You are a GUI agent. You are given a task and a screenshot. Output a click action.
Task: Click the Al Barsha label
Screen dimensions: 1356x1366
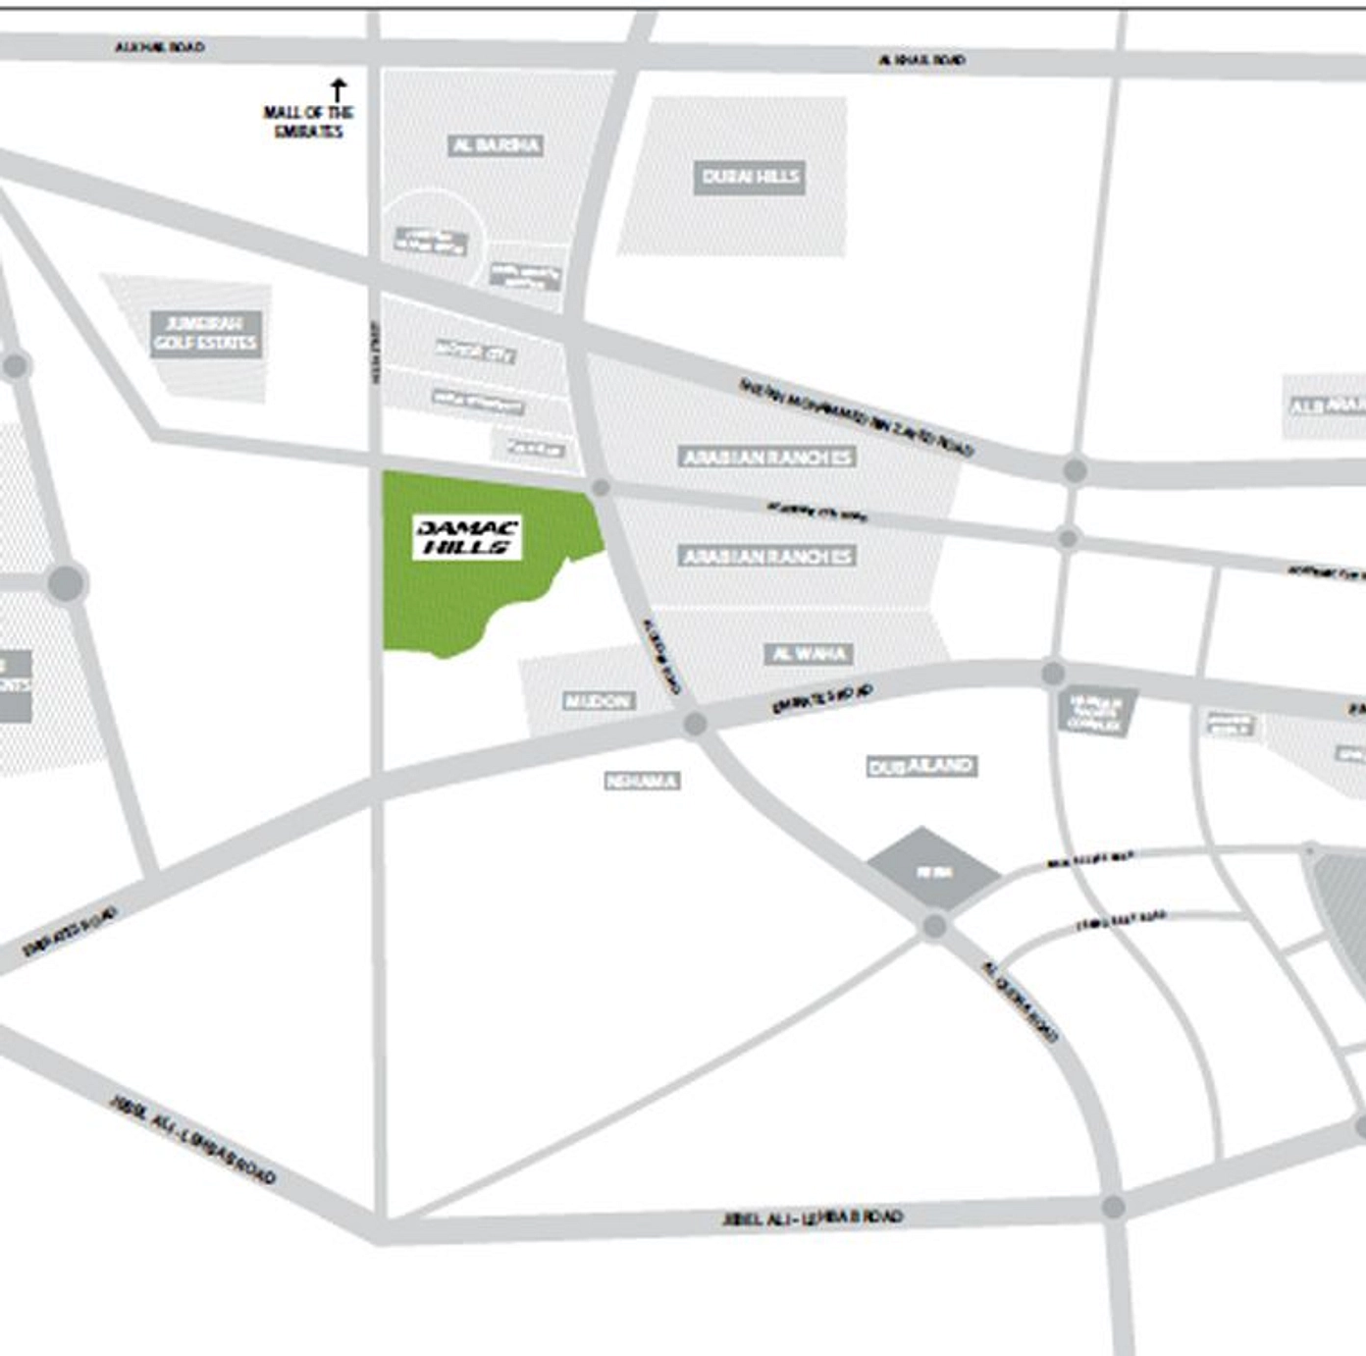point(496,145)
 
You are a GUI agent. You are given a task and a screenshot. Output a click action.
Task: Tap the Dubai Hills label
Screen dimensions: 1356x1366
point(750,178)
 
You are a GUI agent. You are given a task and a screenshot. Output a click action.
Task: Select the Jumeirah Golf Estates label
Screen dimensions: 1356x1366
point(206,334)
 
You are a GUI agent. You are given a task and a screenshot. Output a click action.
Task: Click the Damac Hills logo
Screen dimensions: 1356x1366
point(467,537)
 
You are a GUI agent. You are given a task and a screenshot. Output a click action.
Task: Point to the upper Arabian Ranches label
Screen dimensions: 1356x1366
point(767,457)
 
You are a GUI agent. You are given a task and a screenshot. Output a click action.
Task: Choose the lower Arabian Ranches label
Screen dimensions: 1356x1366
point(767,557)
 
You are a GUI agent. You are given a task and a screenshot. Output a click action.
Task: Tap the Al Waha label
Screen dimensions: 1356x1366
point(809,654)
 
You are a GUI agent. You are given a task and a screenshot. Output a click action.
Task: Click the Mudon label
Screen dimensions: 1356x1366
point(598,701)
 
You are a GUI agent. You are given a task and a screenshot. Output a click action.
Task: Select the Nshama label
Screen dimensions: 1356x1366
point(642,782)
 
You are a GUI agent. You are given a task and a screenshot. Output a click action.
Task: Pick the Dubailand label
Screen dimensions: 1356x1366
point(920,766)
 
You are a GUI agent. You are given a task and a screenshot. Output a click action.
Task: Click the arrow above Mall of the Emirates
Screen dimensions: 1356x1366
point(339,90)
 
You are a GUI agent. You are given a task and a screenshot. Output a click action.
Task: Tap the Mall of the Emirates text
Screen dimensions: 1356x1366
point(308,122)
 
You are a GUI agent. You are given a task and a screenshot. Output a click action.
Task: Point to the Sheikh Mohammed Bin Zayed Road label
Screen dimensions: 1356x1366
point(856,417)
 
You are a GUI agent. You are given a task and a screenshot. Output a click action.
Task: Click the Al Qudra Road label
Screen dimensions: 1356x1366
point(1021,1002)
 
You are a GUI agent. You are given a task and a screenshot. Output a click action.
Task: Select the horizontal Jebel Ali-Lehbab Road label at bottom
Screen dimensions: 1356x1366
point(812,1219)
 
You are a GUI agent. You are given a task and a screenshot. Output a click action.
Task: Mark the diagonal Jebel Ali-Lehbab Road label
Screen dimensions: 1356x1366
point(192,1140)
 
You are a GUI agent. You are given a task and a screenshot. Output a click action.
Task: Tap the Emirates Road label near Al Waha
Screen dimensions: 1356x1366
point(822,699)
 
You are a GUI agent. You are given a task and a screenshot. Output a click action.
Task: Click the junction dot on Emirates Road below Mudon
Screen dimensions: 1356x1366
point(695,725)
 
